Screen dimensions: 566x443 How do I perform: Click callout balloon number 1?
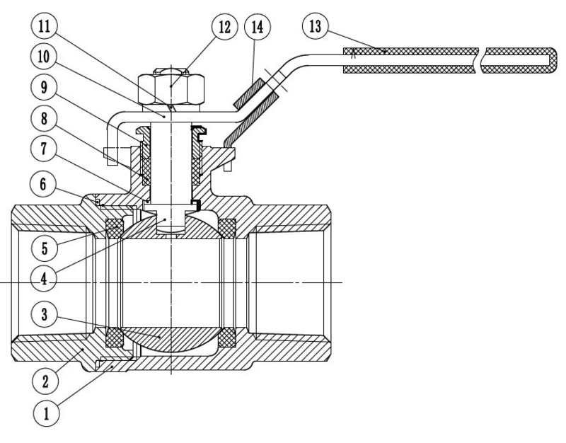click(46, 413)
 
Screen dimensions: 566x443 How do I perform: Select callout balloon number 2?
click(45, 381)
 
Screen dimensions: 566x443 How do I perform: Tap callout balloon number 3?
click(44, 314)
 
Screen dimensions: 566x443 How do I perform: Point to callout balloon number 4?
click(44, 279)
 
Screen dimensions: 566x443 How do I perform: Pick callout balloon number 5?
click(45, 248)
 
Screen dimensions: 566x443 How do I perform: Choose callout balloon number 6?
click(43, 184)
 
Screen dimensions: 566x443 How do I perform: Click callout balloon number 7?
click(44, 149)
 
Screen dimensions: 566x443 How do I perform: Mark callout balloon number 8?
click(44, 118)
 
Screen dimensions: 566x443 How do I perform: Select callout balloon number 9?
click(44, 87)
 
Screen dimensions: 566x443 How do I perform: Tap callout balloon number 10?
click(44, 57)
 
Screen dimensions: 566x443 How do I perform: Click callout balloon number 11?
click(44, 26)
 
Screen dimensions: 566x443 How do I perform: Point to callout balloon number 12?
click(224, 26)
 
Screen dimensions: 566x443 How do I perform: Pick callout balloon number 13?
click(315, 26)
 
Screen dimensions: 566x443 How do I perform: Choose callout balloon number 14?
click(258, 27)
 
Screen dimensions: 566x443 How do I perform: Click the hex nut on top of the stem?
click(171, 89)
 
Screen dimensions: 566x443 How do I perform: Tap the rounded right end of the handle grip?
click(553, 60)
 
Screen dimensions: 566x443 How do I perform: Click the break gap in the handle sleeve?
click(482, 60)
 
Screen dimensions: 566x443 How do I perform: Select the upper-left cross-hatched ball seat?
click(115, 229)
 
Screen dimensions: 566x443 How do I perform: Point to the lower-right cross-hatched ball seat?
click(227, 338)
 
